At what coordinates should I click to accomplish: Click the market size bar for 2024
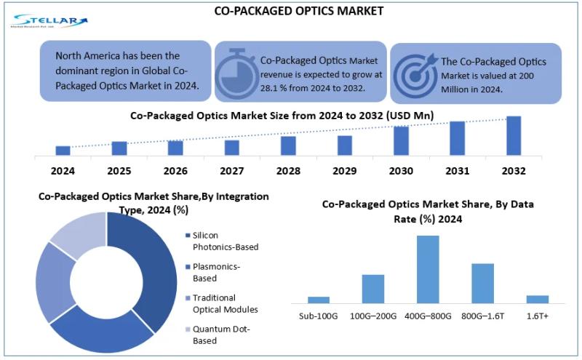pyautogui.click(x=63, y=151)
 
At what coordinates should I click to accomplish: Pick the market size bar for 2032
pyautogui.click(x=514, y=135)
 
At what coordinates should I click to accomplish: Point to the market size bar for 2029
pyautogui.click(x=345, y=145)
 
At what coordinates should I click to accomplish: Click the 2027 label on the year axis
pyautogui.click(x=232, y=171)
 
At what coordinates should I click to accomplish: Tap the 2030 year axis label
pyautogui.click(x=401, y=171)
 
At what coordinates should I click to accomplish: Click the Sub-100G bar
pyautogui.click(x=319, y=299)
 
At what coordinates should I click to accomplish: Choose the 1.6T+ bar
pyautogui.click(x=537, y=298)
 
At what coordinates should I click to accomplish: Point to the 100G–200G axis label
pyautogui.click(x=373, y=316)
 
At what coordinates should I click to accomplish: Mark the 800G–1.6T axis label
pyautogui.click(x=483, y=316)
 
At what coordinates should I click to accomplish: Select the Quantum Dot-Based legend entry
pyautogui.click(x=220, y=335)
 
